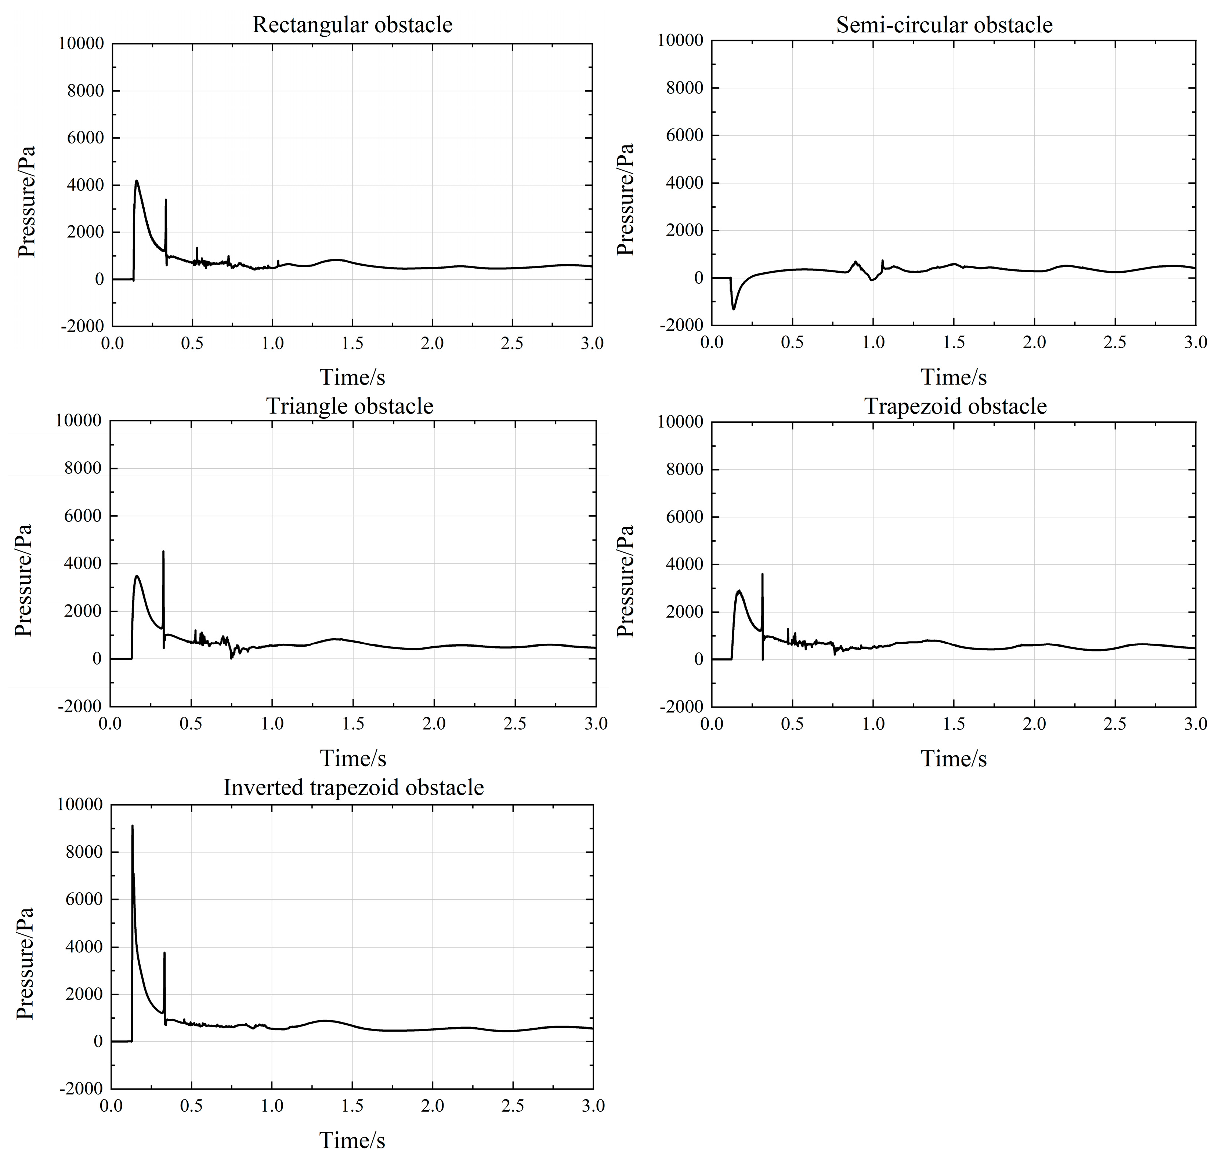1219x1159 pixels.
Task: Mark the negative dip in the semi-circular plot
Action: point(734,308)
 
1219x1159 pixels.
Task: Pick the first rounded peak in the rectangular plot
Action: point(137,182)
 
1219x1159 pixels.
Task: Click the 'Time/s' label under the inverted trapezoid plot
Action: point(352,1140)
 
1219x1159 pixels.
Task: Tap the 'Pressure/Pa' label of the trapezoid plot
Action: point(626,581)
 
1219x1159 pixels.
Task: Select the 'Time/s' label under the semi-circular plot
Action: point(953,377)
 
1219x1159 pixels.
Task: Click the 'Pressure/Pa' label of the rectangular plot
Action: point(26,201)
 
